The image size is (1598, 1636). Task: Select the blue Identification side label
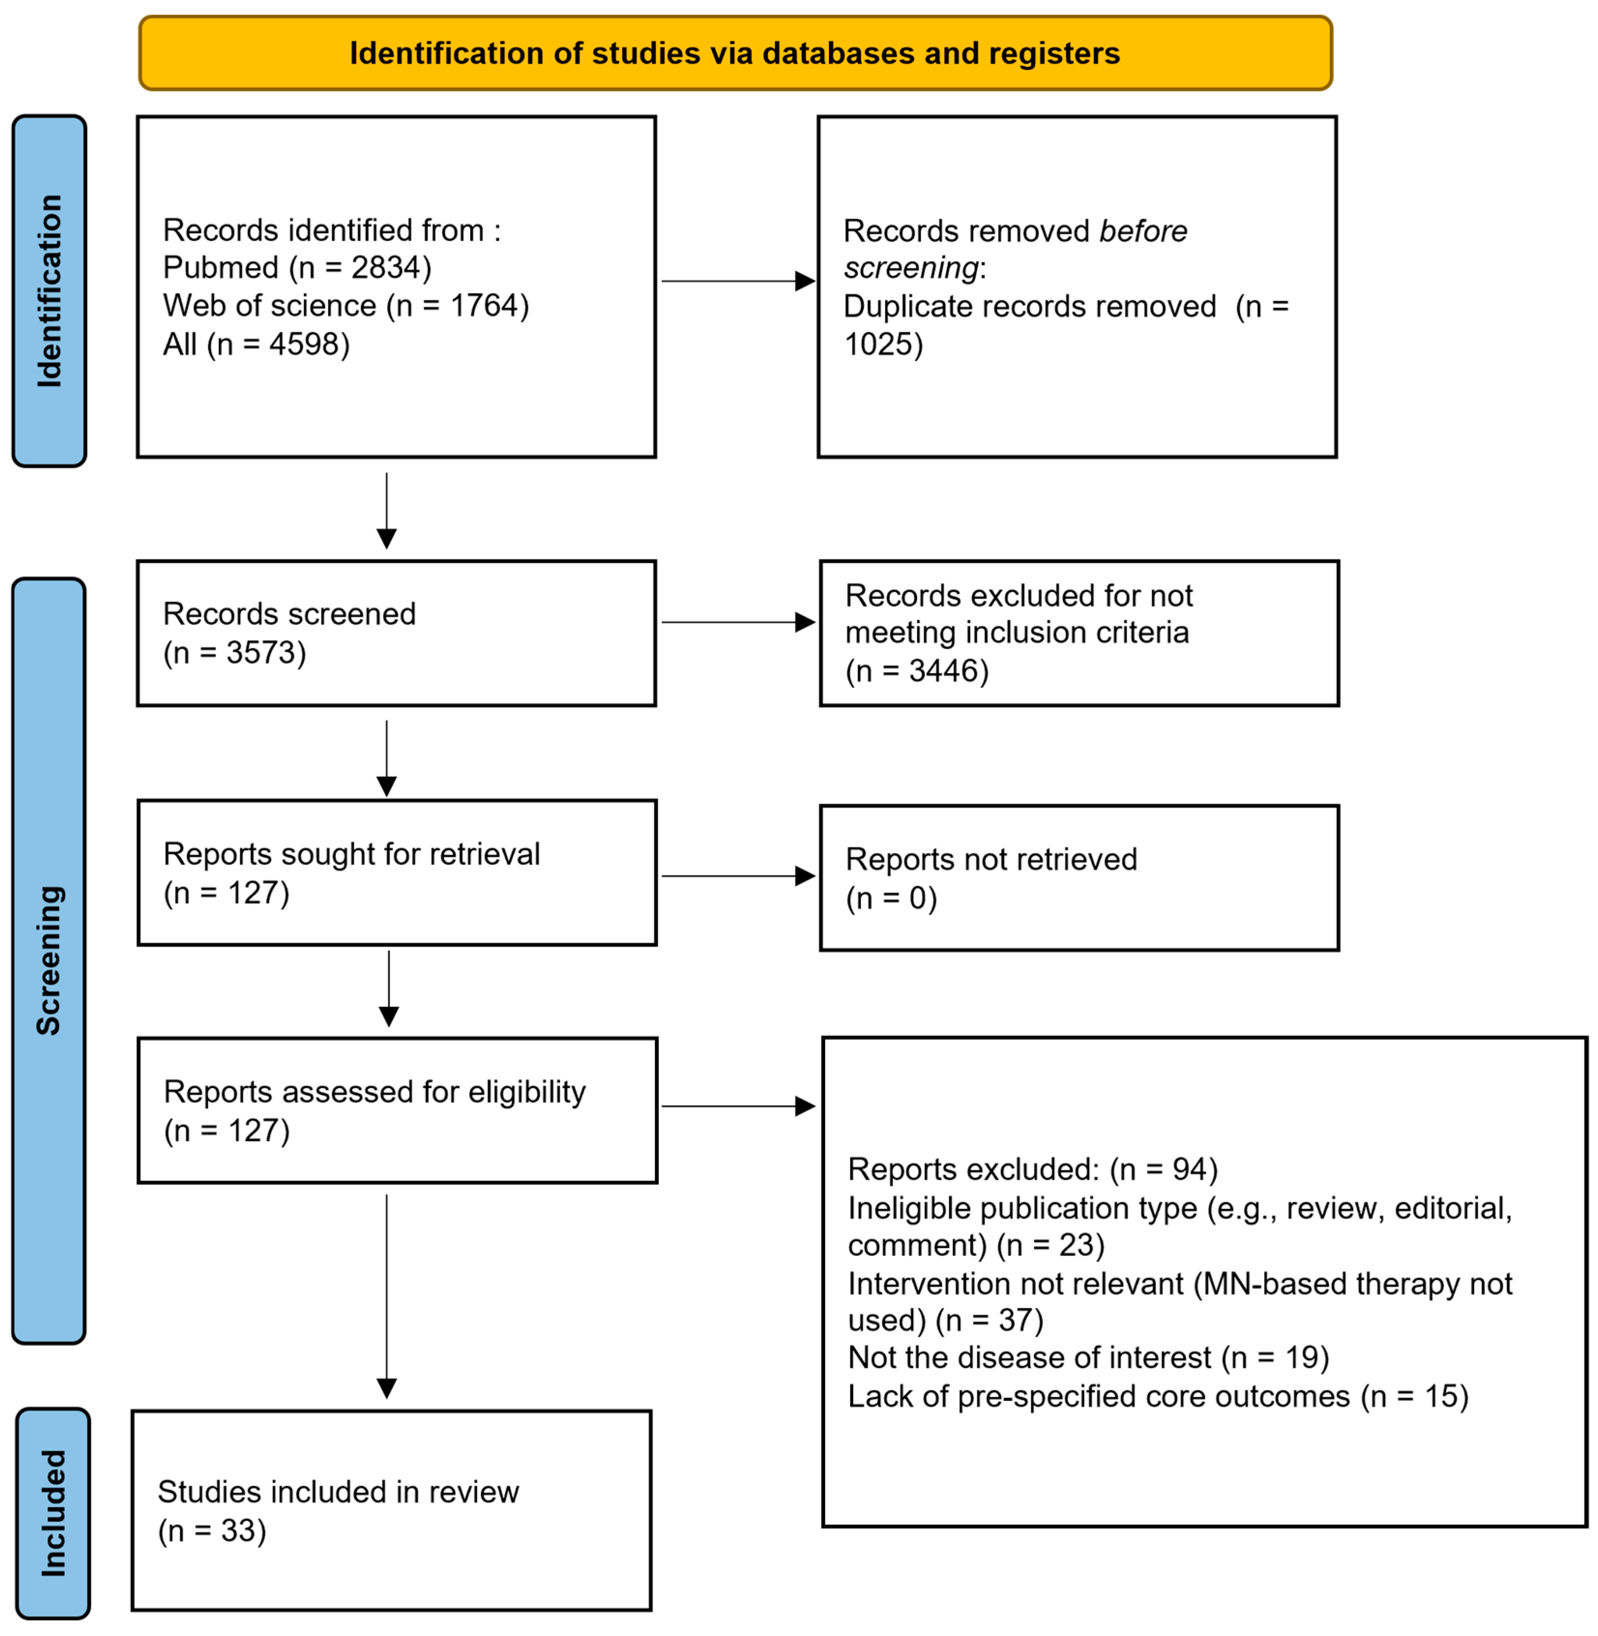[49, 291]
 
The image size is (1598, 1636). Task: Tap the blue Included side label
[53, 1513]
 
